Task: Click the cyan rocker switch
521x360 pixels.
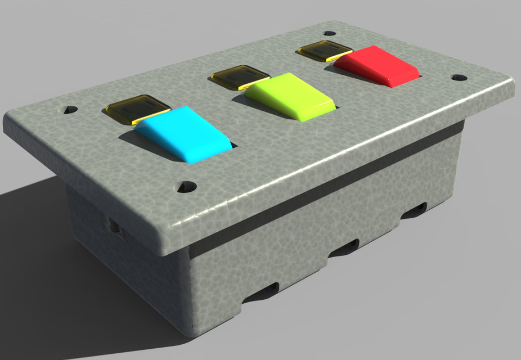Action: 183,134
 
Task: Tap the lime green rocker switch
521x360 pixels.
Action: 289,95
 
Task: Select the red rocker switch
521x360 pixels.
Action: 378,66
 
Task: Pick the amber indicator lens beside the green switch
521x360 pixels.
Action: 240,76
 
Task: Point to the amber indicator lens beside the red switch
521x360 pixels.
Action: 325,51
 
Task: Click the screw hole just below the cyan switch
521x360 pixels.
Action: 186,186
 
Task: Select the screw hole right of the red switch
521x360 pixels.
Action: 459,78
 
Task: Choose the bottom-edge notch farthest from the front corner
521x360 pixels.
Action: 414,211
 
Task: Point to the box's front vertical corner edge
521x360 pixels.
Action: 188,292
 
